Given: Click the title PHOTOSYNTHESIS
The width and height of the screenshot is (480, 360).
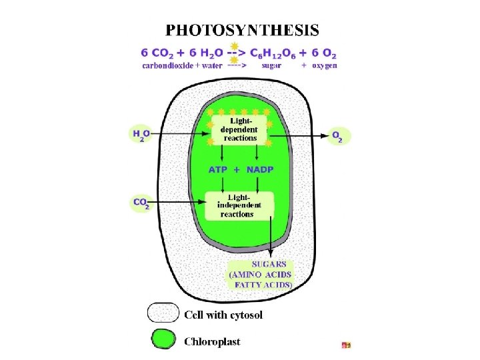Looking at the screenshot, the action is pyautogui.click(x=242, y=30).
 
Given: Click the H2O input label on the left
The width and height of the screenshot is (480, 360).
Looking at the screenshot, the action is pyautogui.click(x=141, y=135).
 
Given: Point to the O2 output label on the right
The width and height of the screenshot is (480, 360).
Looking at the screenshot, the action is pyautogui.click(x=340, y=135).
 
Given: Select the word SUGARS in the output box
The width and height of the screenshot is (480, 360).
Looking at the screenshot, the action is pyautogui.click(x=261, y=263).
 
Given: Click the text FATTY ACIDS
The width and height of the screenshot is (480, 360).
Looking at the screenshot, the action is pyautogui.click(x=262, y=284).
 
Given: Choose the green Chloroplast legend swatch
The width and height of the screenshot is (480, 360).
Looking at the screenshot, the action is pyautogui.click(x=162, y=340).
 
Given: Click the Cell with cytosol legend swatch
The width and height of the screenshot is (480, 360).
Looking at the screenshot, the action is pyautogui.click(x=162, y=313).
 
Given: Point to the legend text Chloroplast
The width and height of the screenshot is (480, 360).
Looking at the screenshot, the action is pyautogui.click(x=212, y=341).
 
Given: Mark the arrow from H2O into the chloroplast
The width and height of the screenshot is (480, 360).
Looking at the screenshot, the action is pyautogui.click(x=180, y=135).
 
